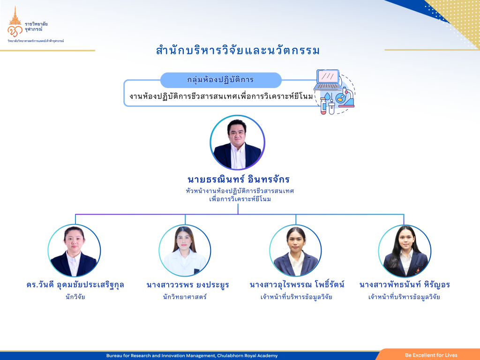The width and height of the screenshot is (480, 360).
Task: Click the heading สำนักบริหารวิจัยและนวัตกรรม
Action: (238, 51)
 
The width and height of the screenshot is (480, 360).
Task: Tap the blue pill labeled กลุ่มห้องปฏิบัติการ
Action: (221, 80)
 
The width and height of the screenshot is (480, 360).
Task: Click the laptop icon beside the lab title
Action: (328, 79)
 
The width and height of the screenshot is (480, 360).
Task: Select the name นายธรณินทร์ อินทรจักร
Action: (239, 180)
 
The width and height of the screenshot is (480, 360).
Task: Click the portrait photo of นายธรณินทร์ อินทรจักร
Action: (238, 142)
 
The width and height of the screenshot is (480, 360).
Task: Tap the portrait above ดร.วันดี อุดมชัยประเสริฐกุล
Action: (74, 251)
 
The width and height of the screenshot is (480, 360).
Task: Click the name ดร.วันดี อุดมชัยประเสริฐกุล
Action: (75, 285)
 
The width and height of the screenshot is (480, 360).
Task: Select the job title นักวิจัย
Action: (75, 297)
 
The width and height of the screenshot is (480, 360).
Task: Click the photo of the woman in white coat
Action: (185, 251)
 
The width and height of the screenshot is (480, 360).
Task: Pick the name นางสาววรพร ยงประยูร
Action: (187, 285)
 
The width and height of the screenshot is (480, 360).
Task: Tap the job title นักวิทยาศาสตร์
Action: (185, 297)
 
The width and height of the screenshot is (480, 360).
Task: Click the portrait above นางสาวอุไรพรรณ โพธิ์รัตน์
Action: (296, 251)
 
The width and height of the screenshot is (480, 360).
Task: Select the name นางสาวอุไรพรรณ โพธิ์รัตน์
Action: (297, 285)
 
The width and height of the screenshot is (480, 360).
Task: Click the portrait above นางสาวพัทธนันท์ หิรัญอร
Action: (405, 251)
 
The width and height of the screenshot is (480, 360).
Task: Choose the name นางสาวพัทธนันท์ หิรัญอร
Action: (405, 285)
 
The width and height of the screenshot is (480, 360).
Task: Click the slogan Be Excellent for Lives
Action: (431, 355)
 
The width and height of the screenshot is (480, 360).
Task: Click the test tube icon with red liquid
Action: (323, 105)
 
